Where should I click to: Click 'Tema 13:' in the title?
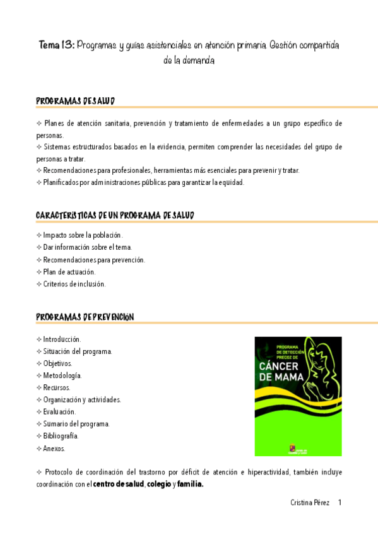57,45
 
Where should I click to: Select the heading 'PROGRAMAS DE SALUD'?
75,101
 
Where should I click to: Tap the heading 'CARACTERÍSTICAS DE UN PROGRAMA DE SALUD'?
115,216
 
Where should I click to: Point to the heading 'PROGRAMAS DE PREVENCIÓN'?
85,317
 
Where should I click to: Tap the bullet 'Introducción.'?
62,339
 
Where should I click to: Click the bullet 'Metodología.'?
62,375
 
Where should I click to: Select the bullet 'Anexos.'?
54,449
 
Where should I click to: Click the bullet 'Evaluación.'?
59,412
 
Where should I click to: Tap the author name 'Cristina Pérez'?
309,503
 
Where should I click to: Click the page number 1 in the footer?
340,503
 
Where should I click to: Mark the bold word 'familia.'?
190,485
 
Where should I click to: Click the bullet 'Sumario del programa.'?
76,424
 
